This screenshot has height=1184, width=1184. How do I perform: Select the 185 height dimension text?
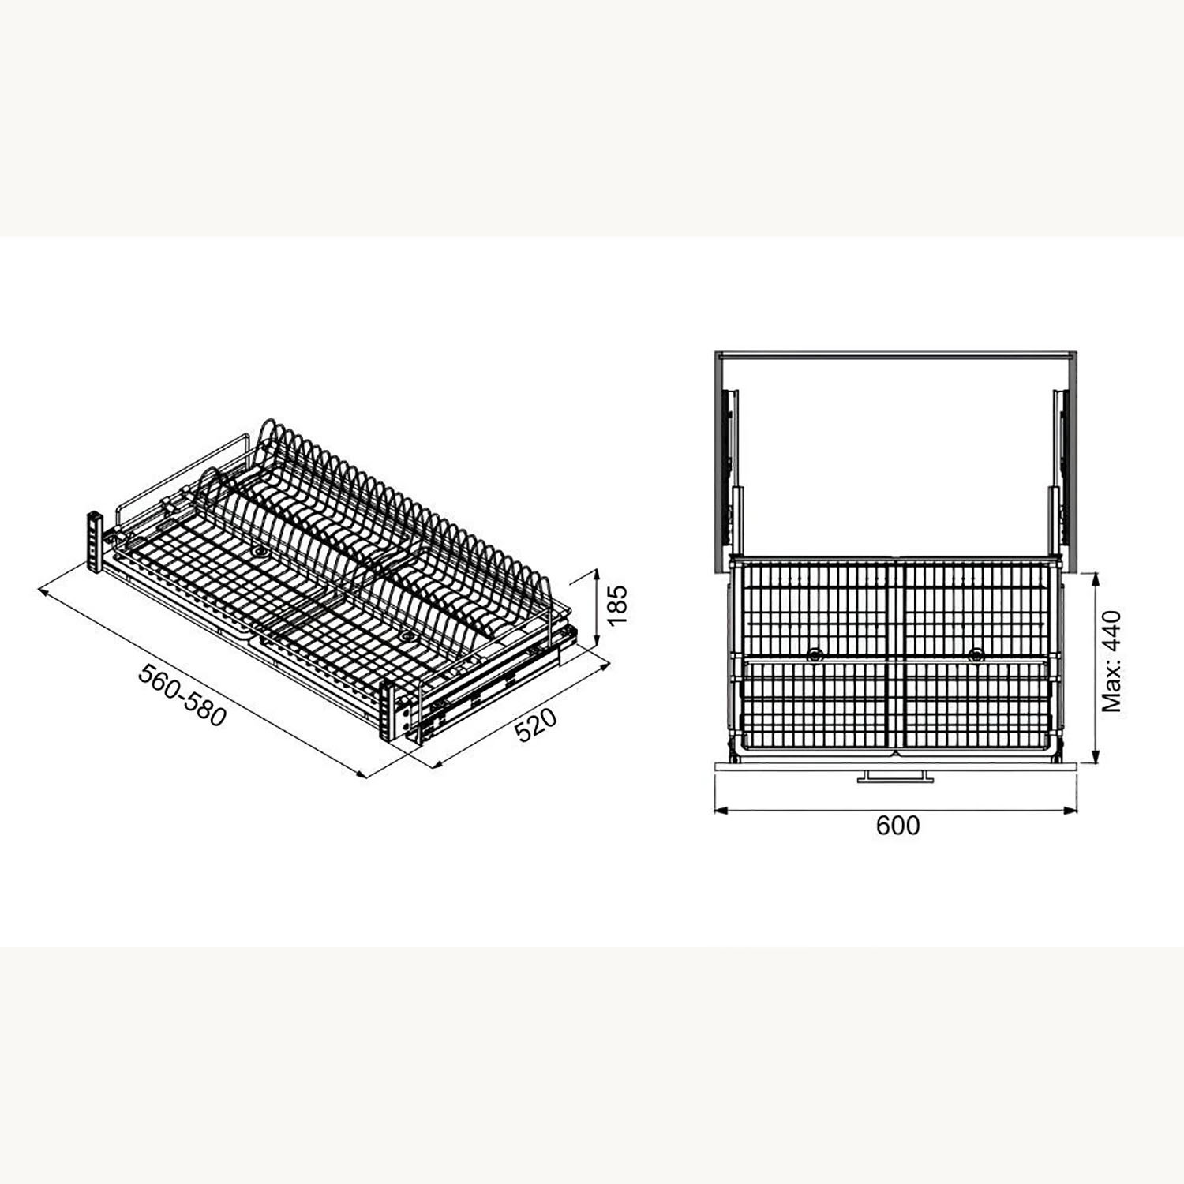tap(617, 604)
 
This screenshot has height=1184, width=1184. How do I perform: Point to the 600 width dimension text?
tap(897, 826)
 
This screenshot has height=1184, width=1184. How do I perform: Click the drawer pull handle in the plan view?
tap(896, 777)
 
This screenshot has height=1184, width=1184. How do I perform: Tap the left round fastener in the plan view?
tap(814, 654)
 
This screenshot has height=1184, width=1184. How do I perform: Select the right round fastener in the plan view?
tap(976, 654)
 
